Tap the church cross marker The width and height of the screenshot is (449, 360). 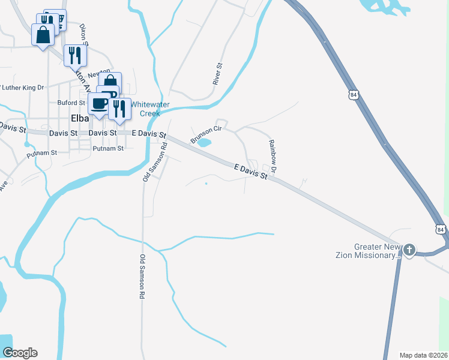pos(409,250)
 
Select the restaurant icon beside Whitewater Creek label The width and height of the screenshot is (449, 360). pos(119,109)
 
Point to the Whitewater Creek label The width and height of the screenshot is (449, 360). pos(150,109)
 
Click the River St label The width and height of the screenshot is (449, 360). pos(218,73)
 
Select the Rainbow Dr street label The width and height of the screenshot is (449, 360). pos(272,157)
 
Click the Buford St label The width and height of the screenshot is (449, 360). pos(71,103)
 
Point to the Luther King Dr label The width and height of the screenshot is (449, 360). pos(23,88)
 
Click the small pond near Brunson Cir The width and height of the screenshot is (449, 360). pos(204,143)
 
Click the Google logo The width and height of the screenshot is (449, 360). pos(19,352)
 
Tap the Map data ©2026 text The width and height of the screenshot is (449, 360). pos(423,355)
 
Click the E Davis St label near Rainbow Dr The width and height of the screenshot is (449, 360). pos(250,173)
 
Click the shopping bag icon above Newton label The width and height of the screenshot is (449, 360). pos(110,82)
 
